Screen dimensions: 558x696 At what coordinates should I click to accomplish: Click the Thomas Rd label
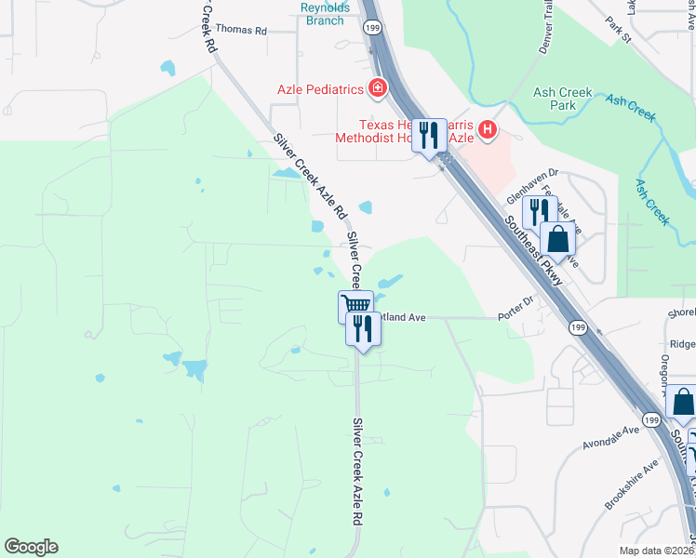(x=241, y=31)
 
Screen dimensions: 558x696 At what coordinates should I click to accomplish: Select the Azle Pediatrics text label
(x=319, y=89)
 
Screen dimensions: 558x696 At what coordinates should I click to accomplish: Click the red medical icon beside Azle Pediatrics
(x=378, y=89)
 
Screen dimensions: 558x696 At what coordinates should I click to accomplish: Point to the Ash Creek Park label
(x=555, y=99)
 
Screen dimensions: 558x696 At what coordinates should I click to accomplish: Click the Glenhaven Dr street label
(x=532, y=185)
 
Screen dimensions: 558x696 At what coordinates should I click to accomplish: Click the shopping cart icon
(x=355, y=304)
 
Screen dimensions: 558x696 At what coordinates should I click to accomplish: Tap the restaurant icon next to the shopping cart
(x=363, y=326)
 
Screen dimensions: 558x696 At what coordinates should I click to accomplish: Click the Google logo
(x=31, y=547)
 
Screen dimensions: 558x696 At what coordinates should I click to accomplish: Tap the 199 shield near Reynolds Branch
(x=372, y=29)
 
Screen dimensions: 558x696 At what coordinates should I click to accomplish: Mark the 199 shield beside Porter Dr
(x=578, y=326)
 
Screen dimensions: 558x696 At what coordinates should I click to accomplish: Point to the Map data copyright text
(x=657, y=551)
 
